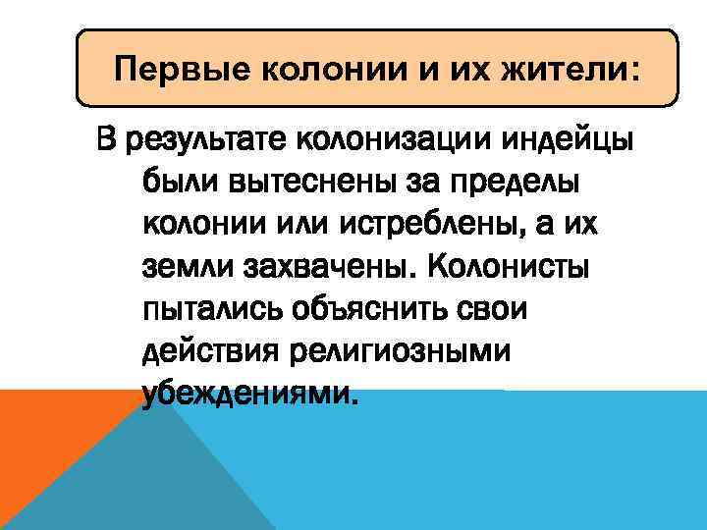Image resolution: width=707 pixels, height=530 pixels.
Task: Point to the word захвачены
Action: pyautogui.click(x=322, y=267)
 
